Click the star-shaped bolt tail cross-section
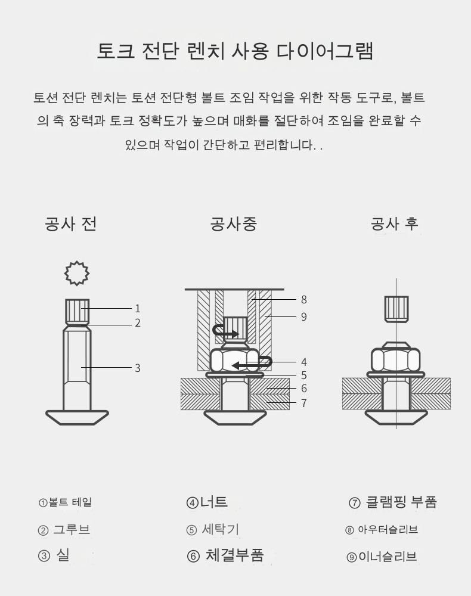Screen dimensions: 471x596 pyautogui.click(x=77, y=273)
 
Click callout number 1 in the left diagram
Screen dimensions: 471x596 pyautogui.click(x=138, y=308)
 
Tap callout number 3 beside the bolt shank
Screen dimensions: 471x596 pyautogui.click(x=138, y=368)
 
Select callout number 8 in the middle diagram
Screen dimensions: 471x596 pyautogui.click(x=303, y=300)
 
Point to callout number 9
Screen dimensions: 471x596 pyautogui.click(x=303, y=316)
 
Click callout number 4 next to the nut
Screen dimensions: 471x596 pyautogui.click(x=303, y=362)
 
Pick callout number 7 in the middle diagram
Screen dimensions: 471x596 pyautogui.click(x=303, y=403)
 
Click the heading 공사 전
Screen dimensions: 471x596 pyautogui.click(x=71, y=223)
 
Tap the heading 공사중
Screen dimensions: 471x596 pyautogui.click(x=234, y=223)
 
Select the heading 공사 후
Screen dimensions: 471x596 pyautogui.click(x=395, y=223)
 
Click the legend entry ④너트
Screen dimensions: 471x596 pyautogui.click(x=207, y=502)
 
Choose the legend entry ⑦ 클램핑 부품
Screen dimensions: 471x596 pyautogui.click(x=393, y=502)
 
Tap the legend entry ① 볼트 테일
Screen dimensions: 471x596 pyautogui.click(x=65, y=502)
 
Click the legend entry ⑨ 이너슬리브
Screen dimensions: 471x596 pyautogui.click(x=382, y=557)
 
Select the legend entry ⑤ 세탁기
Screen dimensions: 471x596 pyautogui.click(x=212, y=529)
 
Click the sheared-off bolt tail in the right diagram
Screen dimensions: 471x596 pyautogui.click(x=396, y=309)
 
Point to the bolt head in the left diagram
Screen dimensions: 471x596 pyautogui.click(x=77, y=417)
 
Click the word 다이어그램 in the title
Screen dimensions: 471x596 pyautogui.click(x=325, y=51)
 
